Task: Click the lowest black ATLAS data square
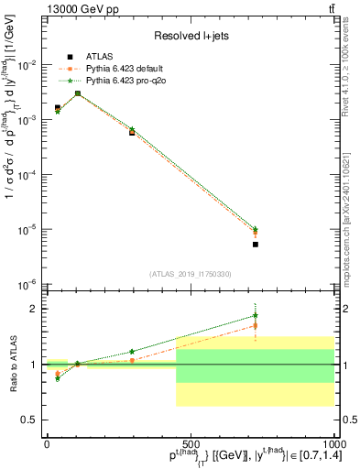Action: (x=256, y=245)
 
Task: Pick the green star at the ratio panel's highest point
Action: (x=256, y=316)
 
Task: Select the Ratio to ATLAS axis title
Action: (x=11, y=365)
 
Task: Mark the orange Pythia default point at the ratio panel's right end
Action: (x=256, y=325)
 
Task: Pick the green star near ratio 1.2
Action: (x=132, y=352)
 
